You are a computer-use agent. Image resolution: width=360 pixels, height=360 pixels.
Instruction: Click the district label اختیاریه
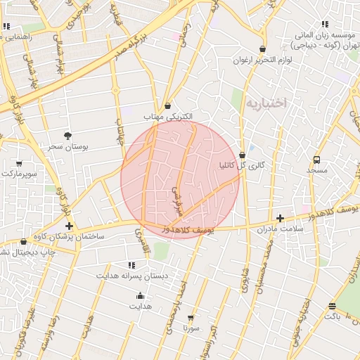(266, 103)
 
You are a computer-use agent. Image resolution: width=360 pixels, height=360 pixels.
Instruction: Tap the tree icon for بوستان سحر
(67, 135)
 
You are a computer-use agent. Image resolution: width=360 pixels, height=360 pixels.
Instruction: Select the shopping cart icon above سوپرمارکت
(18, 163)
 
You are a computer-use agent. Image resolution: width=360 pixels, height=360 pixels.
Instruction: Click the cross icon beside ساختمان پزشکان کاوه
(69, 226)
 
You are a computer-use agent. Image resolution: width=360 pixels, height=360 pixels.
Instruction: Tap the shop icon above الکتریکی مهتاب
(167, 105)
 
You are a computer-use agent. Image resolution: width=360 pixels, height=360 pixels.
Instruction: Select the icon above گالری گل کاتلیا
(243, 155)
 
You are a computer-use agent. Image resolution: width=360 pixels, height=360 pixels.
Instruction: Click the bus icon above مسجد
(316, 160)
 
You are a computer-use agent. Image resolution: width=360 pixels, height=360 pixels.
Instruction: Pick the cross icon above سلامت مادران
(280, 218)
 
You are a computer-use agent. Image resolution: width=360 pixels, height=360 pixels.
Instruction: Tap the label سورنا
(191, 328)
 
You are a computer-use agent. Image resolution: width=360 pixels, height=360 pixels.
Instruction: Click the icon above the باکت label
(331, 306)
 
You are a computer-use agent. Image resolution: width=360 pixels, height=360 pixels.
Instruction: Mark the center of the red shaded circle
(181, 179)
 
